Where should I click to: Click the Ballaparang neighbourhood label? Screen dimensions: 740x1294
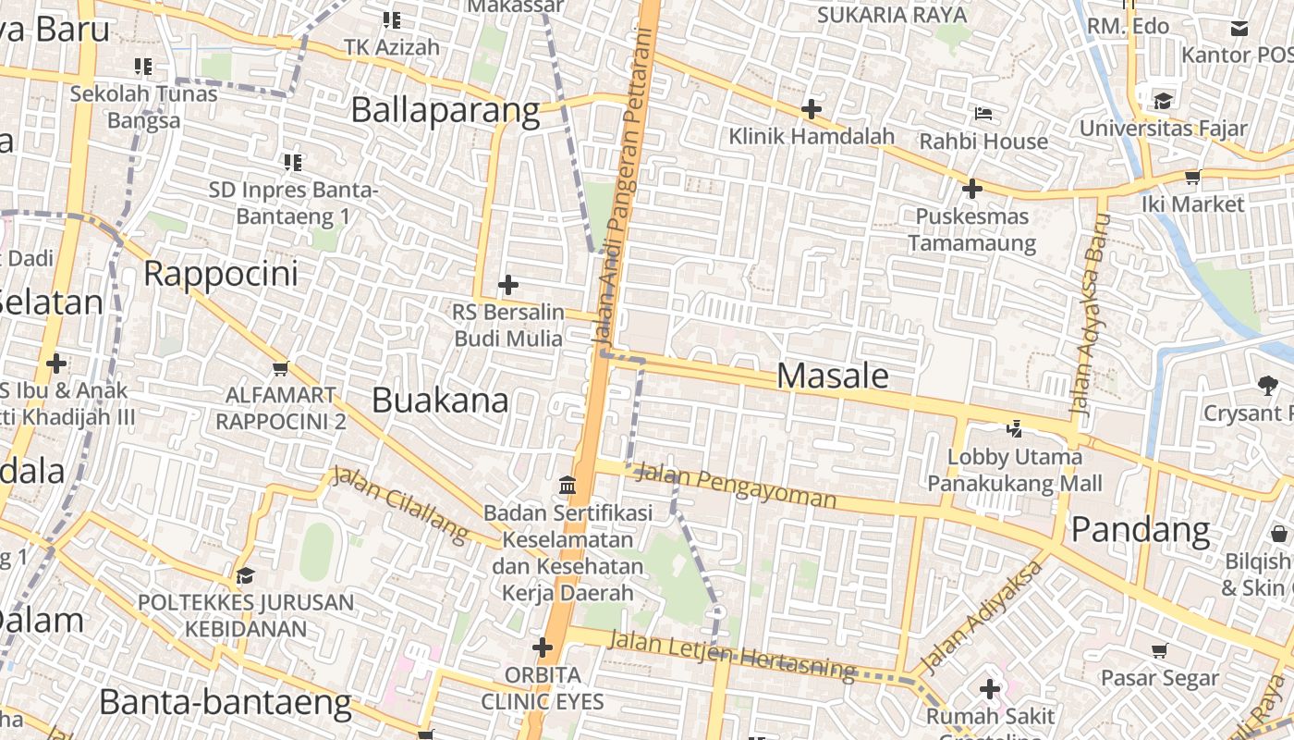445,110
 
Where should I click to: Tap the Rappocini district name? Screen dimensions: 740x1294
222,274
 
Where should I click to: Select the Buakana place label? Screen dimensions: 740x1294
440,401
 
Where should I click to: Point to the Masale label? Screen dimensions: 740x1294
833,376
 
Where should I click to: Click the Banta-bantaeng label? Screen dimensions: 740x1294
226,703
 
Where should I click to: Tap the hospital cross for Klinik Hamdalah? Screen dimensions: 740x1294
811,109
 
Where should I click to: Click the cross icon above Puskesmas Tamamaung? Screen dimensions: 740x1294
971,190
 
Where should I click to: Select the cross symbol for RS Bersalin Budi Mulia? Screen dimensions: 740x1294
507,285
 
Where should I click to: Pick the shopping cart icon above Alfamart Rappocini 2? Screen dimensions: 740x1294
281,368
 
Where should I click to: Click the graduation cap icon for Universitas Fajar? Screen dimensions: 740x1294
1162,100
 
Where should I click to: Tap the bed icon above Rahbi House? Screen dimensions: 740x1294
983,114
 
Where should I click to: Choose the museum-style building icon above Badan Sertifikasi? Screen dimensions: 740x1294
568,485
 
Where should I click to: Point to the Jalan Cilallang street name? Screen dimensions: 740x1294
400,505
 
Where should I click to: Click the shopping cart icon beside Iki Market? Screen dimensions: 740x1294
1192,177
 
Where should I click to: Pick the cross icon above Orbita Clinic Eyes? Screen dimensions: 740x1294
543,647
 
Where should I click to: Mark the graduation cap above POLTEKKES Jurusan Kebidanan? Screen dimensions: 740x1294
244,576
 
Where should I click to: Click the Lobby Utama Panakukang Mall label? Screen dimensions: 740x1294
1015,470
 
